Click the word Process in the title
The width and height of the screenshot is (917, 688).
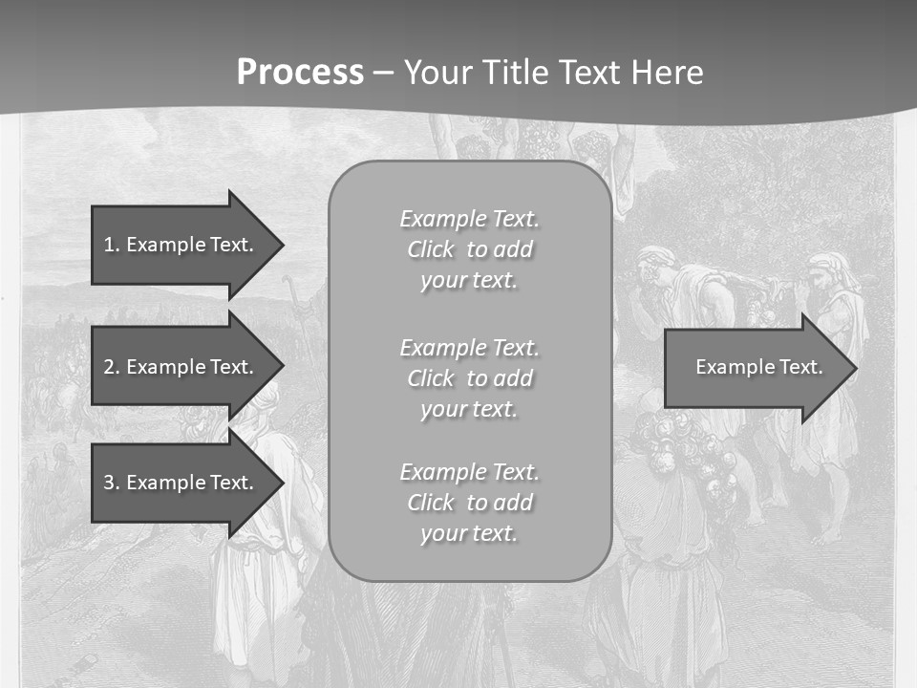click(300, 73)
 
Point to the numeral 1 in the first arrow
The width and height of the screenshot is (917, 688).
click(109, 245)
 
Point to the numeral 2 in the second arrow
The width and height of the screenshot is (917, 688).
click(109, 367)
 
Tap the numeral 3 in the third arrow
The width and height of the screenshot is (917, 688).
click(109, 483)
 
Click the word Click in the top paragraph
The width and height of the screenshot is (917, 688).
click(430, 250)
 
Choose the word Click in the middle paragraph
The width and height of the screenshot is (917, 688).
click(430, 378)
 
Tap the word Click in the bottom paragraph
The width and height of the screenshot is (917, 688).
click(430, 503)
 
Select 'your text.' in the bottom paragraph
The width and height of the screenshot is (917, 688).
click(469, 533)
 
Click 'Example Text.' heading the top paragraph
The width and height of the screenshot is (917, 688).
click(469, 219)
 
